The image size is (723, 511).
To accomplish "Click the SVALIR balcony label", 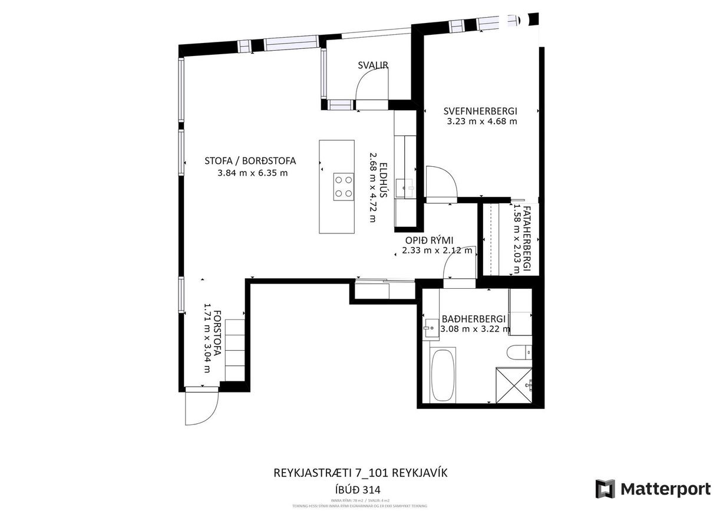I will click(x=373, y=65).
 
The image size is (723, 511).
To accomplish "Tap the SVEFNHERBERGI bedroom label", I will click(x=480, y=111).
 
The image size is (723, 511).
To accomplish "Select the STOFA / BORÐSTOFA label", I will click(x=250, y=160).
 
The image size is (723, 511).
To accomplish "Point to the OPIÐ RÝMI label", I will click(x=428, y=240).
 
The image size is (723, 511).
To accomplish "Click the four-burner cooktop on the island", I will click(x=344, y=187).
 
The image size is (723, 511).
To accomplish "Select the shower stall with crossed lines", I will click(x=514, y=385).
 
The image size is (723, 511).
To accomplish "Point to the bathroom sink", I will click(x=430, y=327).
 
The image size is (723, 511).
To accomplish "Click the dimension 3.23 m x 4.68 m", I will click(x=482, y=122).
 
